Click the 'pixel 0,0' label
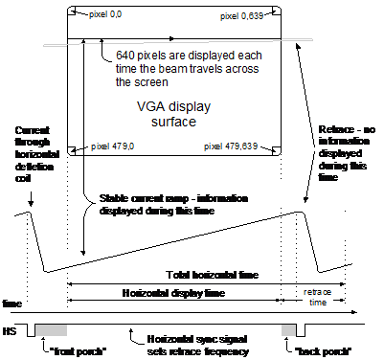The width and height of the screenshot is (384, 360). click(105, 14)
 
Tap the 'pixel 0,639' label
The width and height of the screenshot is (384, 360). click(241, 16)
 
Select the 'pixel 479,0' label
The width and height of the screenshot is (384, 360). click(112, 146)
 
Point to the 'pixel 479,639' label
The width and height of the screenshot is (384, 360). click(231, 146)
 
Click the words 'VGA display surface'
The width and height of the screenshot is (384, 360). click(173, 114)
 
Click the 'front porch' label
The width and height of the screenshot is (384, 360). click(78, 351)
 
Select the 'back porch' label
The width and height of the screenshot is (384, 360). click(323, 351)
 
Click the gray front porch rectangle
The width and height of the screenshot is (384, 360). click(51, 330)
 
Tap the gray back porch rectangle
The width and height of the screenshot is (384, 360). click(288, 330)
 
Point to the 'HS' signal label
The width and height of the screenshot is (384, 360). click(10, 331)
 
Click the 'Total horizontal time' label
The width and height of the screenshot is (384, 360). click(213, 275)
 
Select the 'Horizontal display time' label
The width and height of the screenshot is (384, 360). click(173, 293)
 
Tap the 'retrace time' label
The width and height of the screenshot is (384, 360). click(317, 297)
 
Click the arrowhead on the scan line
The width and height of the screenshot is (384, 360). click(172, 38)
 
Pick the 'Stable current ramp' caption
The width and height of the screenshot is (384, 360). click(173, 205)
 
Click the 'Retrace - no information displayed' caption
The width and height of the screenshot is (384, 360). click(347, 153)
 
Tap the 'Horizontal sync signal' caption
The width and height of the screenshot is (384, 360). click(197, 346)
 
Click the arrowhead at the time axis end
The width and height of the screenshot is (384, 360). click(353, 312)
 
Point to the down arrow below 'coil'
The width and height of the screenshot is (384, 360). click(31, 199)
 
